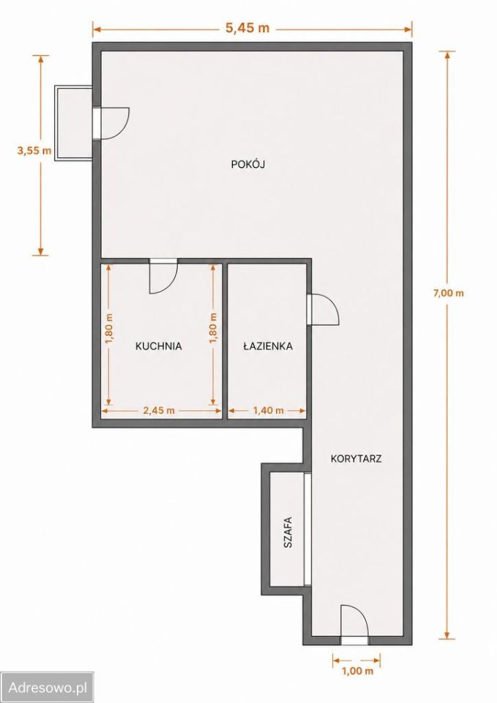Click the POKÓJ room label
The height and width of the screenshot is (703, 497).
pyautogui.click(x=248, y=164)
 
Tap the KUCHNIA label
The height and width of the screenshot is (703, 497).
pyautogui.click(x=159, y=346)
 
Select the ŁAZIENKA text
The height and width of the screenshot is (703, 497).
pyautogui.click(x=268, y=346)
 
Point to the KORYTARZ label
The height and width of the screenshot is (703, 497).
pyautogui.click(x=356, y=458)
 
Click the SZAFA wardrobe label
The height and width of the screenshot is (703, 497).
pyautogui.click(x=288, y=532)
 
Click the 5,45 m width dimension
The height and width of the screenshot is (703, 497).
pyautogui.click(x=247, y=28)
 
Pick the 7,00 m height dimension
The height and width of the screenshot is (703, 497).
pyautogui.click(x=448, y=294)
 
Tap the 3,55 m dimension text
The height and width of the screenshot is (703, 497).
pyautogui.click(x=34, y=151)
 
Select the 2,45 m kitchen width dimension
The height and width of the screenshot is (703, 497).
pyautogui.click(x=159, y=410)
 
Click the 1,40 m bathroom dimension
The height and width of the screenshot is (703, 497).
pyautogui.click(x=269, y=410)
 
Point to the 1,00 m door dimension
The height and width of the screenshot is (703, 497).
pyautogui.click(x=358, y=672)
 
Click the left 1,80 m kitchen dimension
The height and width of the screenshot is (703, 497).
pyautogui.click(x=109, y=329)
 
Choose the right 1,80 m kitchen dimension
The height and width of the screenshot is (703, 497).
pyautogui.click(x=213, y=329)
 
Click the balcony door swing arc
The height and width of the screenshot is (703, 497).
pyautogui.click(x=124, y=130)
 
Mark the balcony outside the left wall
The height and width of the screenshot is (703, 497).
pyautogui.click(x=73, y=122)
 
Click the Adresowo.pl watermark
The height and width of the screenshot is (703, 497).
pyautogui.click(x=48, y=687)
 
